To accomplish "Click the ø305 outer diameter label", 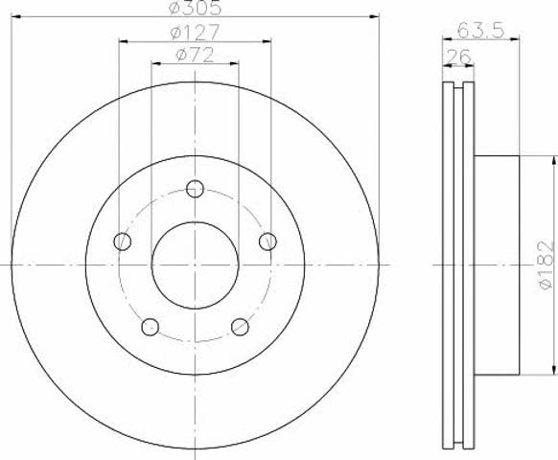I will point(195,9).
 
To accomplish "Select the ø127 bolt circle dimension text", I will point(195,33).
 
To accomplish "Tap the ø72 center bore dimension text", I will point(195,56).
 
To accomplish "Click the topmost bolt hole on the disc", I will point(195,188).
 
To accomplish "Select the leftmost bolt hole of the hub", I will point(122,241).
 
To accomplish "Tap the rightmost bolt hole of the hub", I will point(267,241).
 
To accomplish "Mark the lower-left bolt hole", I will point(150,327).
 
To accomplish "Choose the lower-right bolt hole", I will point(240,327).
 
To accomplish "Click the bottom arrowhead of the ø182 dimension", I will point(553,371).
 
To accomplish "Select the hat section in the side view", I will point(497,265).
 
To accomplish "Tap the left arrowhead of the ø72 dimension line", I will point(155,64).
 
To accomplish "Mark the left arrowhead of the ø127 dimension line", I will point(123,41).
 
